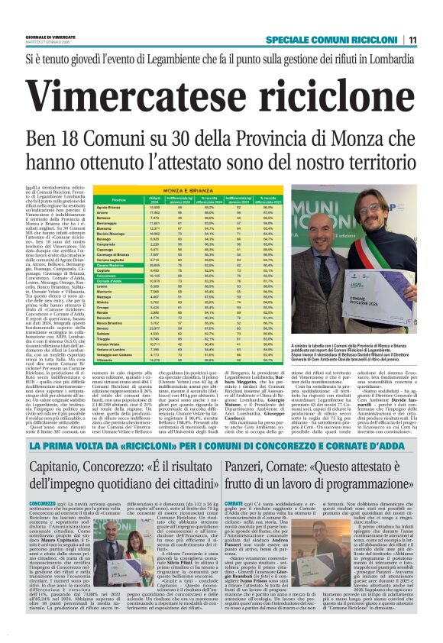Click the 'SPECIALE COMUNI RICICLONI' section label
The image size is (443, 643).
[x=337, y=40]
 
